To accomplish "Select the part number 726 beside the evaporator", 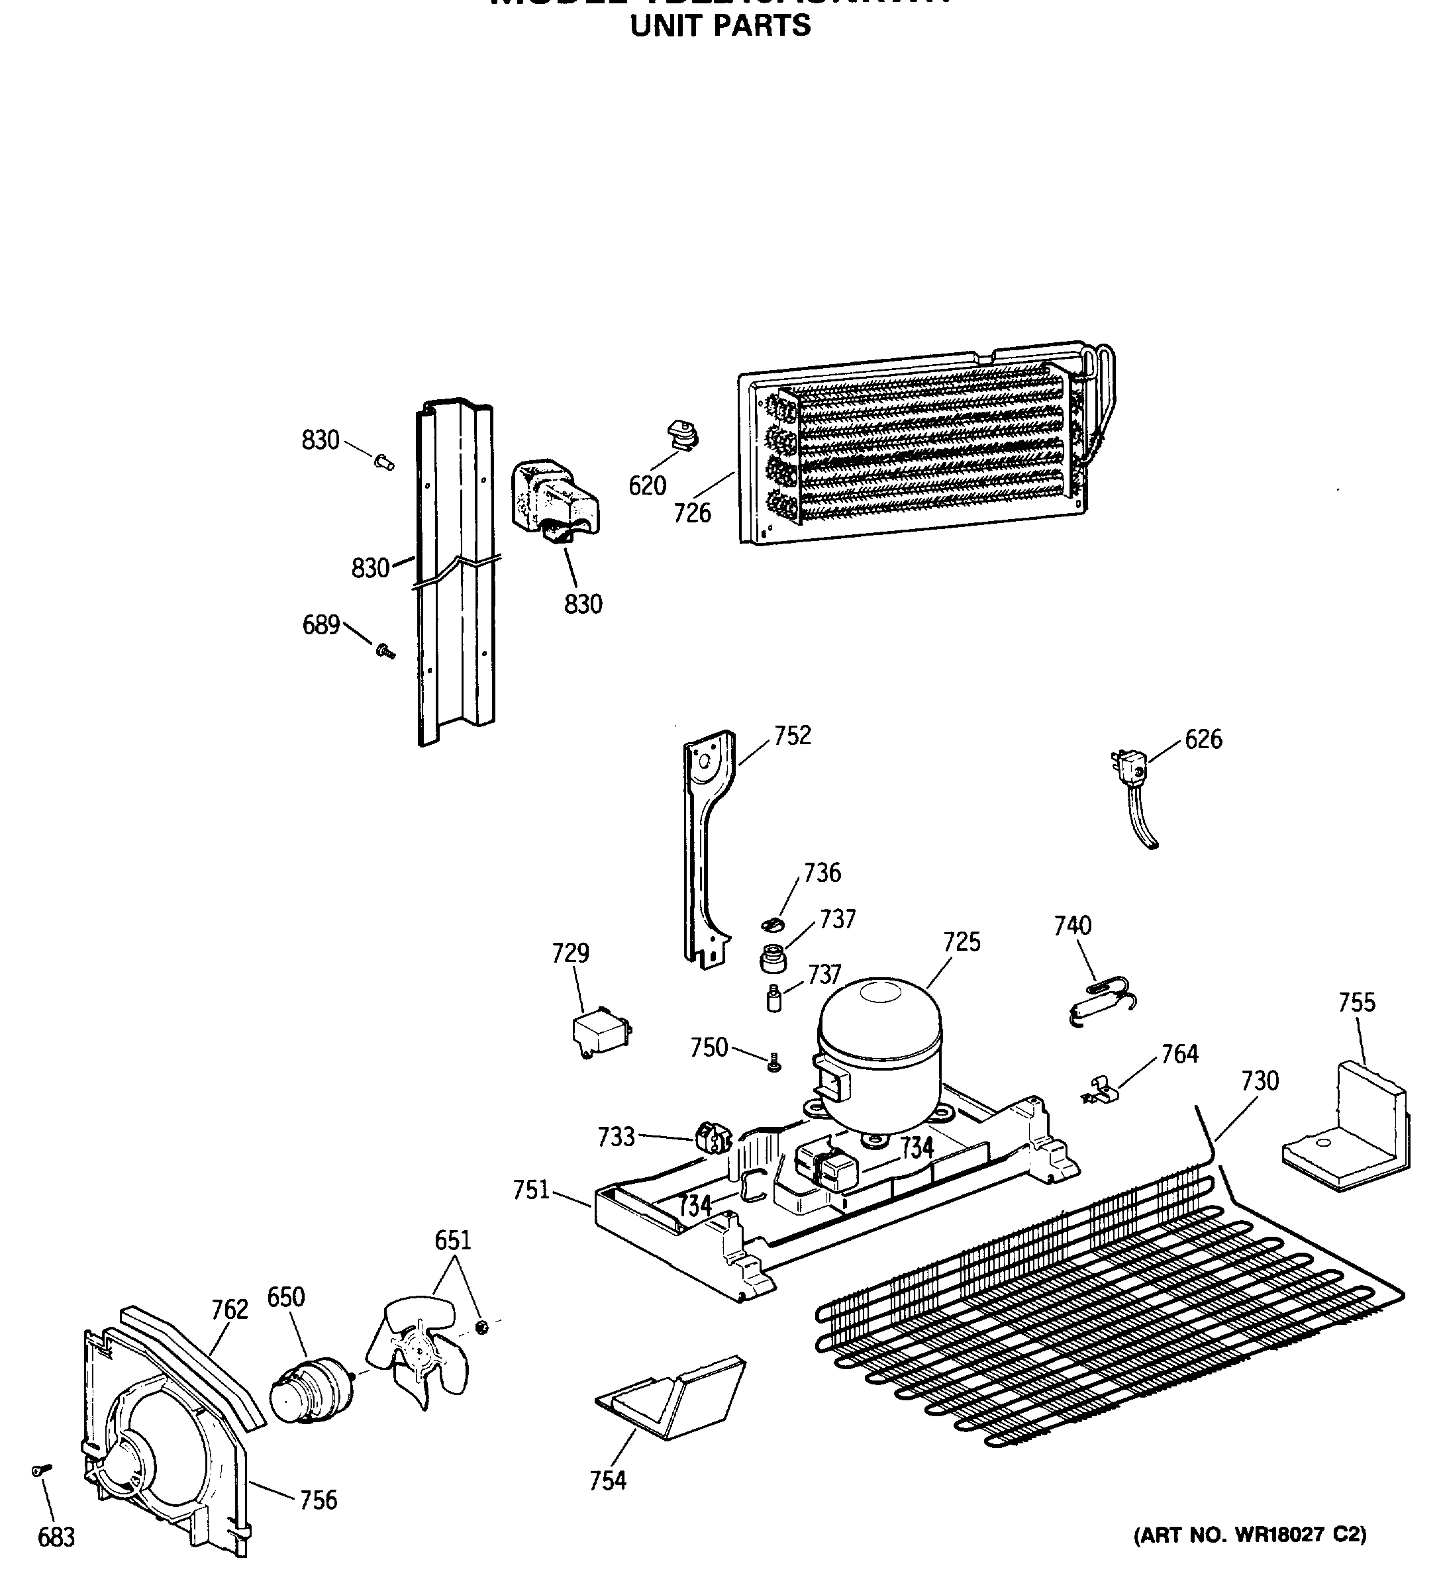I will click(x=692, y=514).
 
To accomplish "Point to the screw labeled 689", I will click(x=385, y=651).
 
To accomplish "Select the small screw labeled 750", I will click(x=774, y=1064).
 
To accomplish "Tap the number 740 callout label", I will click(x=1072, y=926).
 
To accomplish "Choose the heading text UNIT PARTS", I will click(x=720, y=26).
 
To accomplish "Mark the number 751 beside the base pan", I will click(x=531, y=1190).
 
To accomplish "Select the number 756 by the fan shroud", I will click(x=319, y=1500).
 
